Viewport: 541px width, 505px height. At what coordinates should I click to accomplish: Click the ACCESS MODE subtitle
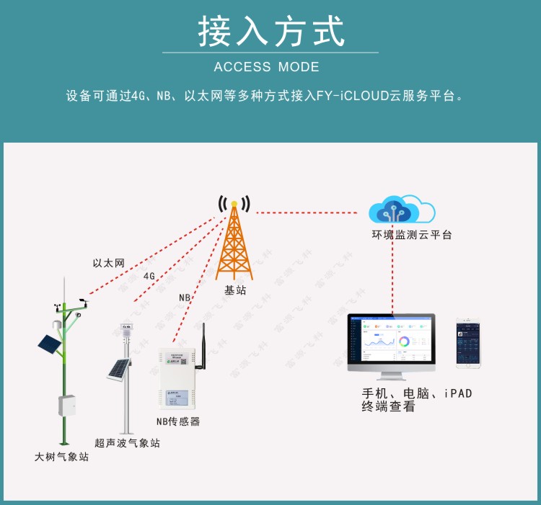point(267,67)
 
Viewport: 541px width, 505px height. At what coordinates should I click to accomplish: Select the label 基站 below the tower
point(235,290)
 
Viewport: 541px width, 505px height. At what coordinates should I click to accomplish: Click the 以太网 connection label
point(109,264)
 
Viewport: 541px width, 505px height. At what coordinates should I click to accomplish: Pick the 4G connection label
point(149,276)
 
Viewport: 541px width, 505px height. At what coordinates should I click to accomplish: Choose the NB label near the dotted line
point(185,298)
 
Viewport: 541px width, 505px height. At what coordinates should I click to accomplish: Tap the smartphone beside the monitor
point(468,344)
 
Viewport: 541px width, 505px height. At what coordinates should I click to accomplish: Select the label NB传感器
point(178,421)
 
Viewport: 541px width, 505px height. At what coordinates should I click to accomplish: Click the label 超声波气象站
point(127,443)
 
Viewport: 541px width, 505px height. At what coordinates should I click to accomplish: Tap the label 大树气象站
point(62,457)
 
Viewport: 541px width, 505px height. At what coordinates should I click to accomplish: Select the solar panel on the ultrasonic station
point(118,370)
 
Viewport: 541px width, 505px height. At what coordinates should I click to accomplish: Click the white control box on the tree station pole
point(67,405)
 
